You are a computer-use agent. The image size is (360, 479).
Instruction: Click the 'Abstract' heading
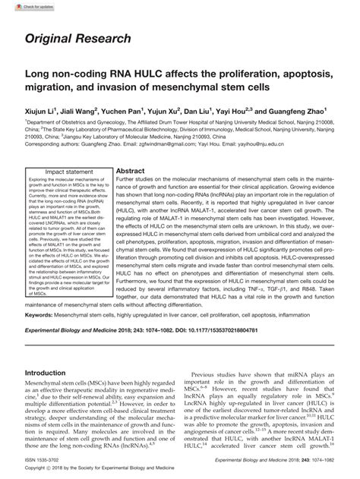pyautogui.click(x=130, y=172)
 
